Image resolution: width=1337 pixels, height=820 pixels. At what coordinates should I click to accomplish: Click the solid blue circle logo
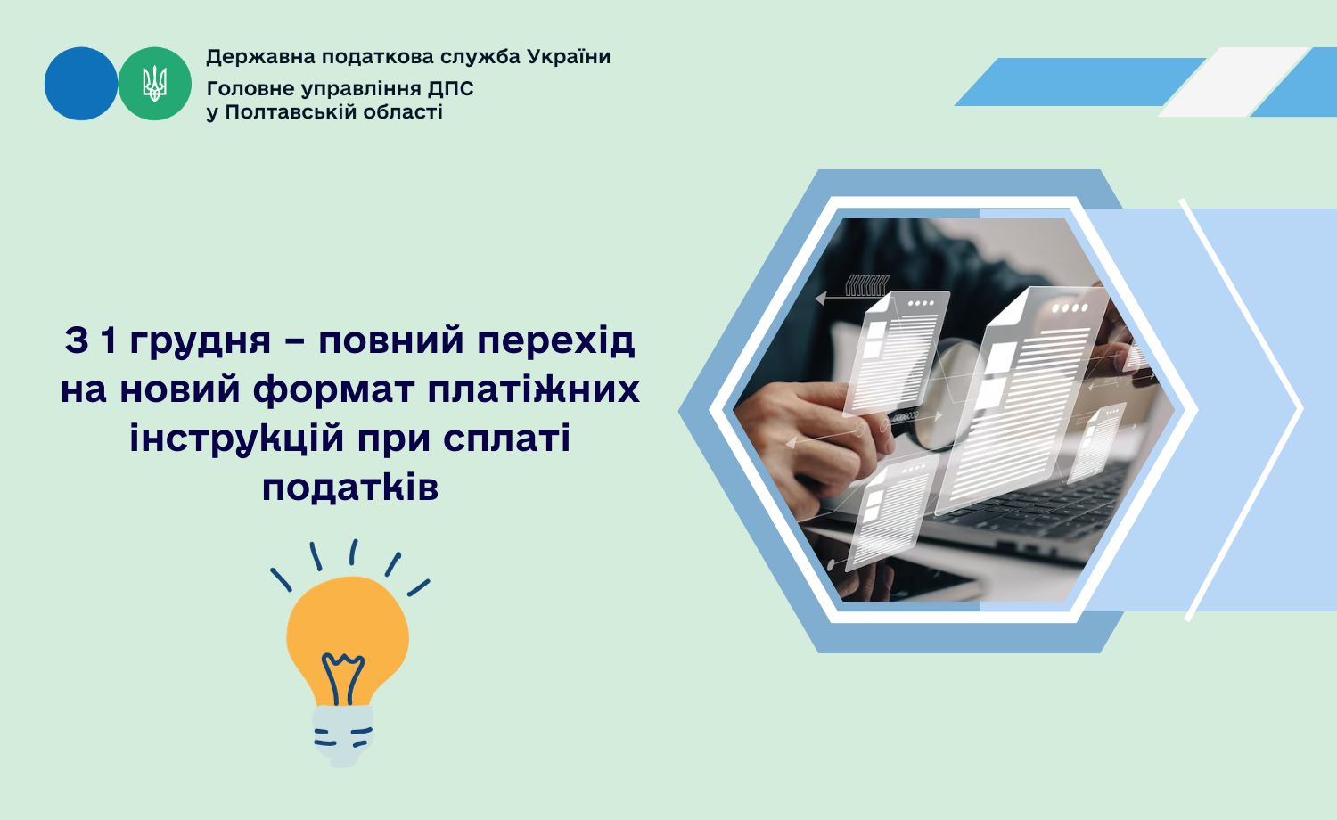coord(80,84)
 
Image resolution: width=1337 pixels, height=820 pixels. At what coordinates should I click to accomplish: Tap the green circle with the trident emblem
coord(154,84)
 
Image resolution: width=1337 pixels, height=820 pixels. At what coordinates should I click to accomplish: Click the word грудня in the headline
coord(200,342)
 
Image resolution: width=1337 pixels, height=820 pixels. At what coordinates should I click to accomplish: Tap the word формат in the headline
coord(333,390)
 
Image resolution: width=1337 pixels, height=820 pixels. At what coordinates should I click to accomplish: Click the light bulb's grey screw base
coord(343,736)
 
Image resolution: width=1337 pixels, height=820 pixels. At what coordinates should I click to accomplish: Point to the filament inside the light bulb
coord(342,678)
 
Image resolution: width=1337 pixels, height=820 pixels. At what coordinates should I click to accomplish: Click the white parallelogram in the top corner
coord(1234,82)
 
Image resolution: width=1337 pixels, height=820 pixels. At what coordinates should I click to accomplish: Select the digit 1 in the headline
coord(108,341)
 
